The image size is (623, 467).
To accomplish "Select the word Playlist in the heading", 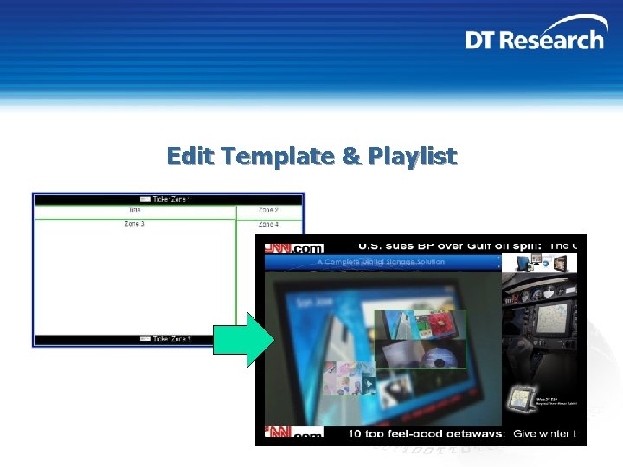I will [412, 157].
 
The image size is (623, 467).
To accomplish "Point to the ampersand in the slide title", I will [350, 157].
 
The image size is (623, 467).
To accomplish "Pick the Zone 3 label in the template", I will [135, 225].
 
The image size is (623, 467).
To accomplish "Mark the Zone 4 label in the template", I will [268, 225].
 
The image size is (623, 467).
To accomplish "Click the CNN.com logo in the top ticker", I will [294, 247].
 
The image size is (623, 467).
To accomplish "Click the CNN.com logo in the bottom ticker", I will [294, 432].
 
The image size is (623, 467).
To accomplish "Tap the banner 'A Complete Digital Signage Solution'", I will [381, 262].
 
